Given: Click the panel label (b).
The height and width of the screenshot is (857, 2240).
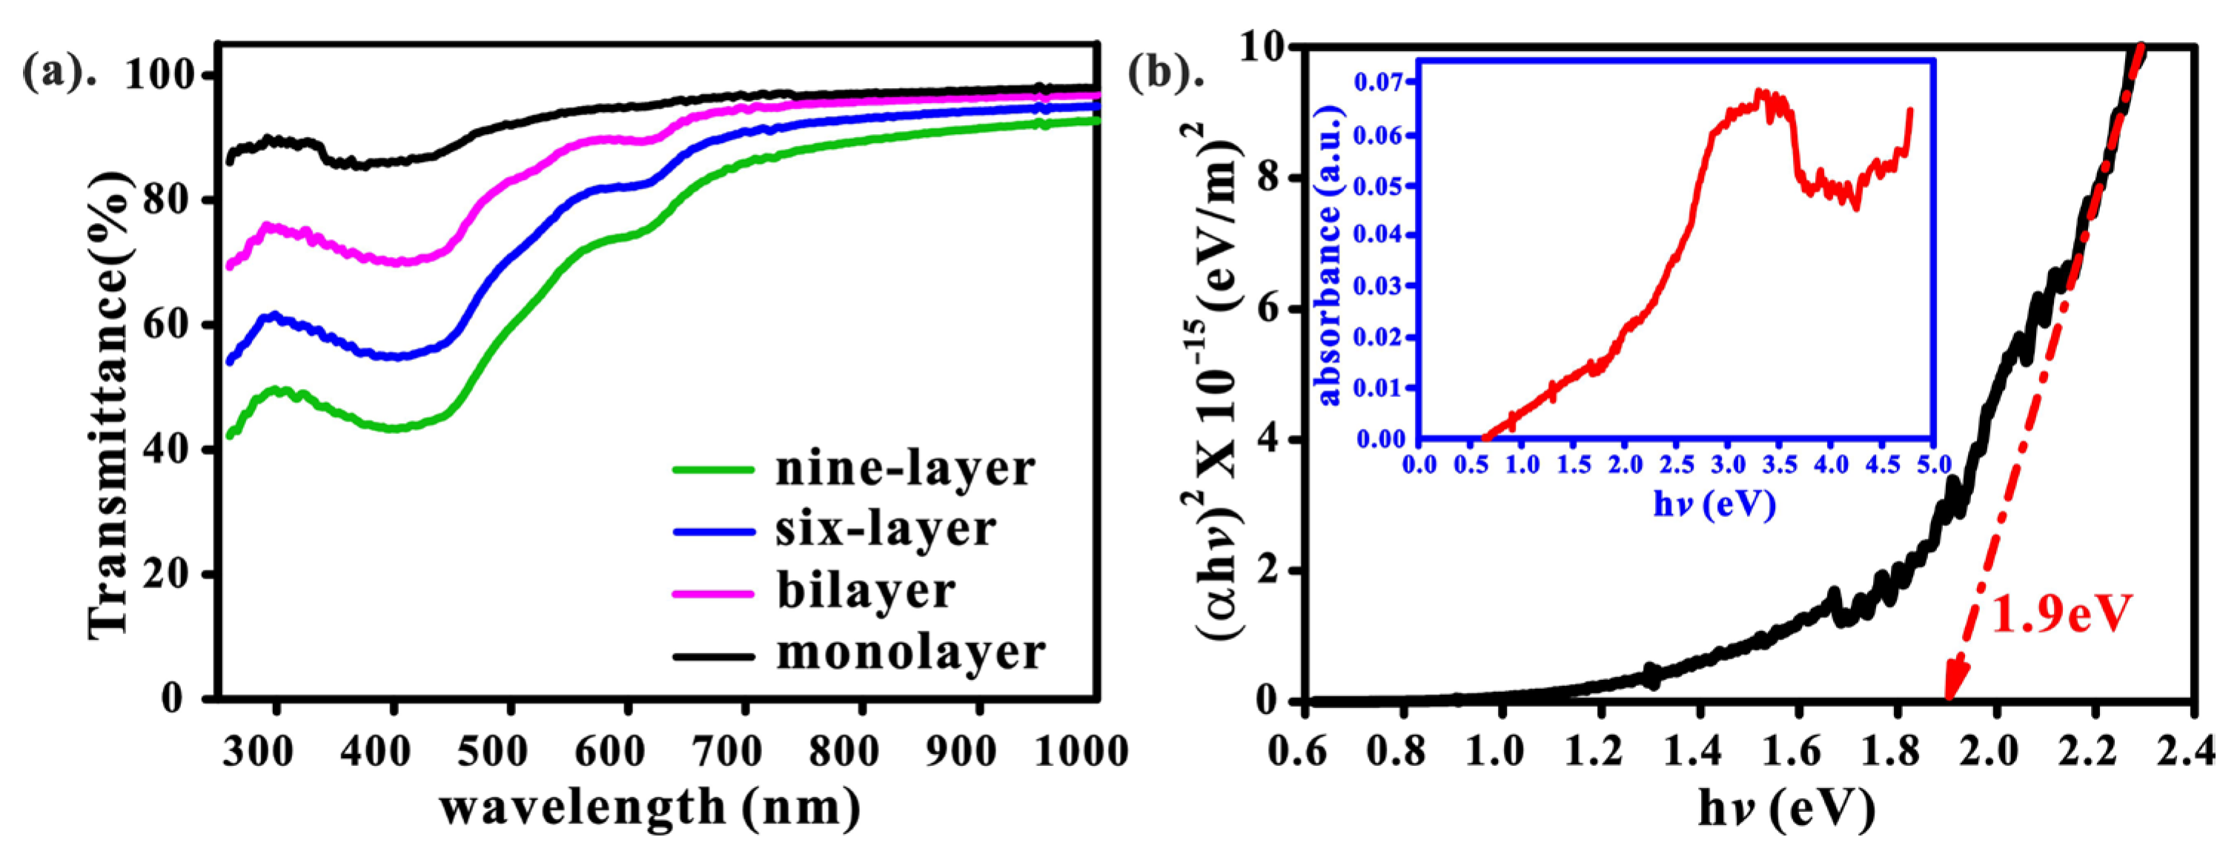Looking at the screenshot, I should pos(1165,75).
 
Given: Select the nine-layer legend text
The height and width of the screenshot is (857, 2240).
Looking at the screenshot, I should pos(904,470).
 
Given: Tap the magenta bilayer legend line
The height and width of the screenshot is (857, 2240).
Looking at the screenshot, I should pos(713,593).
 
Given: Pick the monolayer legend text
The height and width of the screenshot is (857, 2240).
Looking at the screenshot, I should pos(910,653).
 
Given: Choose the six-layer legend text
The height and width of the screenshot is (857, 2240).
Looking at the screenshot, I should pos(885,530).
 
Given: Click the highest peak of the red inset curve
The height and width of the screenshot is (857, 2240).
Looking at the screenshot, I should pos(1757,92).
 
